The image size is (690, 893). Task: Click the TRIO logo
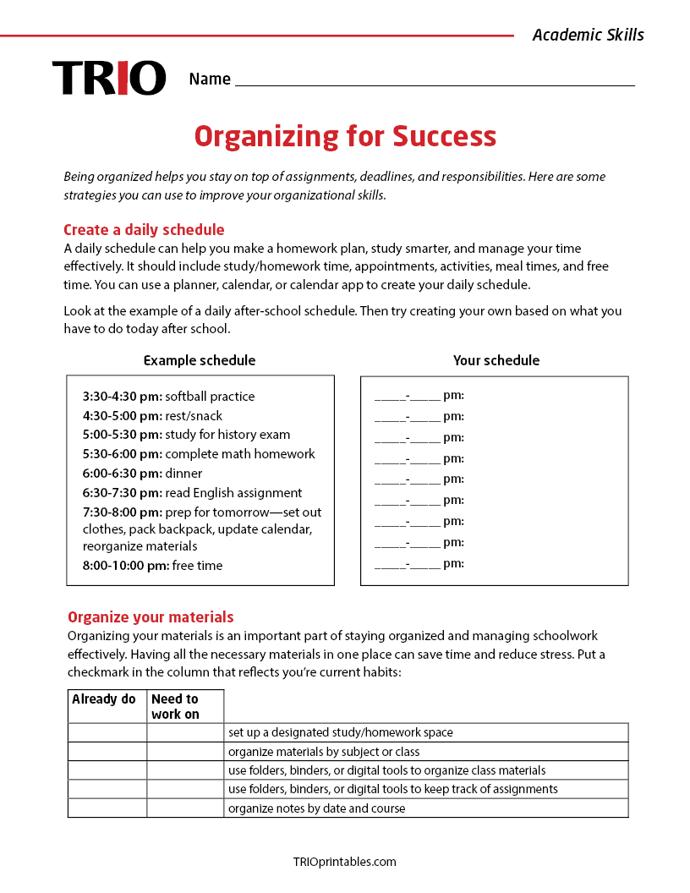tap(109, 78)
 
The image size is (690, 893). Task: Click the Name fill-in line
tap(435, 80)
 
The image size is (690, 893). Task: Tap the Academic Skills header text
tap(588, 35)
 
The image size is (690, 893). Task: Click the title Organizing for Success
tap(345, 136)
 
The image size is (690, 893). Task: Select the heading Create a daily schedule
tap(144, 230)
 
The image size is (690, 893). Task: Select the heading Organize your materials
tap(151, 617)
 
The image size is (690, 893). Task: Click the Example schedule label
tap(200, 360)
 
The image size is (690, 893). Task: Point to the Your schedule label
tap(496, 360)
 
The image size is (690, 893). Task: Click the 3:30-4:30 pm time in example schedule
tap(122, 397)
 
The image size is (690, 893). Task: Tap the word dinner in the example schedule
tap(183, 474)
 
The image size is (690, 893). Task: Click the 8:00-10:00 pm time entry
tap(125, 566)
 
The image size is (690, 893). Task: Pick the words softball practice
tap(210, 397)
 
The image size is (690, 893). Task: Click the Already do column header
tap(104, 699)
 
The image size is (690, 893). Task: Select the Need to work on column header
tap(176, 706)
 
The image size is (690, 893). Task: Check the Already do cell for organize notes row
tap(107, 808)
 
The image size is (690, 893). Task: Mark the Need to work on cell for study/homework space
tap(185, 732)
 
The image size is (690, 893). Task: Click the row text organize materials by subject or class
tap(324, 752)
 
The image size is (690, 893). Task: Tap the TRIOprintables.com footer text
tap(344, 862)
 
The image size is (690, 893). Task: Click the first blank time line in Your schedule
tap(408, 396)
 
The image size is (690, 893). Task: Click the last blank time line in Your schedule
tap(408, 564)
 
